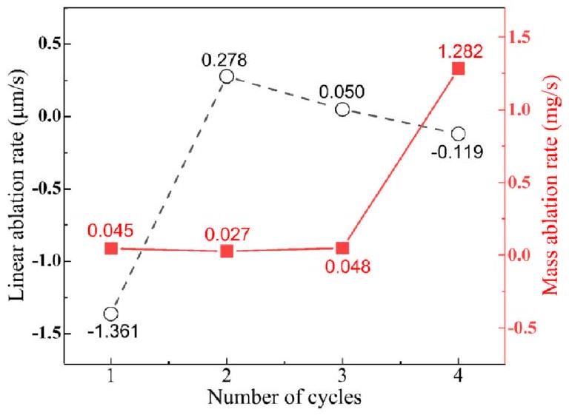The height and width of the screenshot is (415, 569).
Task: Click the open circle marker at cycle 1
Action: (111, 314)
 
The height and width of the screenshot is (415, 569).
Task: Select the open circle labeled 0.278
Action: (227, 76)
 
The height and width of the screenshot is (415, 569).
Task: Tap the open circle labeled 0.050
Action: (342, 109)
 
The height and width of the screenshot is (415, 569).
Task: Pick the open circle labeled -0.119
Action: (459, 134)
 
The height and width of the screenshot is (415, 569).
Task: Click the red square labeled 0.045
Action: (111, 249)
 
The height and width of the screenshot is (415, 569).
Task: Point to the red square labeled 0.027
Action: (227, 251)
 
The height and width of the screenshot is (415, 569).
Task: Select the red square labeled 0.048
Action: (342, 249)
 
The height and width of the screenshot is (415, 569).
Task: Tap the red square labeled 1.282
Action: (459, 69)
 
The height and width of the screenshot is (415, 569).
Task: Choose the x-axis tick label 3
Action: (342, 377)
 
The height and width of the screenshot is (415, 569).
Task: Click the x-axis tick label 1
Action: (111, 377)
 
